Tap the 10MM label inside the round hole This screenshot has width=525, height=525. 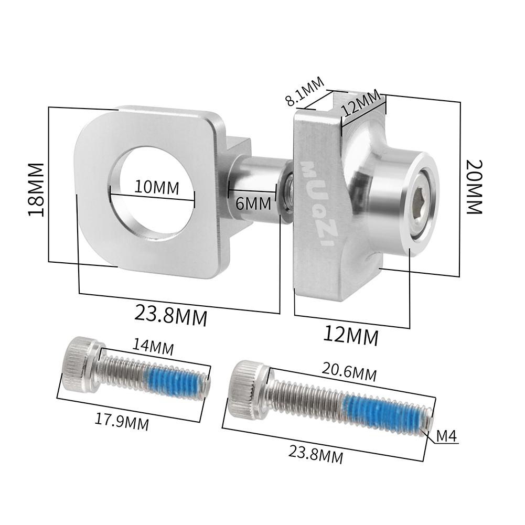[x=156, y=187]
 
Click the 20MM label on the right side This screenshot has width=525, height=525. [x=474, y=186]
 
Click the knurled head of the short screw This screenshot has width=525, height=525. [x=79, y=363]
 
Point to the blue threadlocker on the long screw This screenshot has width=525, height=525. [x=380, y=412]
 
